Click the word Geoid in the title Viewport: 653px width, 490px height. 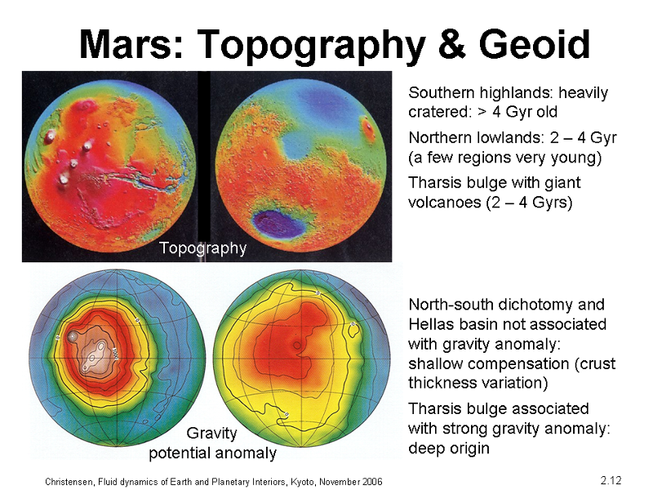tap(535, 45)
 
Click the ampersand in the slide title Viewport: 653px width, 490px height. tap(451, 45)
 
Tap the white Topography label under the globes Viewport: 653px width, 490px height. tap(202, 248)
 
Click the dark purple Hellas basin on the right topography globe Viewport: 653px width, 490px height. tap(278, 224)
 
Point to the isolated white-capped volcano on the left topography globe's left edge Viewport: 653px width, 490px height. tap(51, 136)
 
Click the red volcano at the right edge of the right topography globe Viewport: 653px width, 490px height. tap(369, 128)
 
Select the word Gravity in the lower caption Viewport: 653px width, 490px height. tap(211, 434)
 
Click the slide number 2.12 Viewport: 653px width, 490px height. tap(611, 480)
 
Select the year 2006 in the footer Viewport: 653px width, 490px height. tap(372, 482)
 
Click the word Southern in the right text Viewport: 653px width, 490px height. tap(441, 92)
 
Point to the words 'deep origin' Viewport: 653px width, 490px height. tap(449, 448)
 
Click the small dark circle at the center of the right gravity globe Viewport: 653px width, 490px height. tap(296, 345)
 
